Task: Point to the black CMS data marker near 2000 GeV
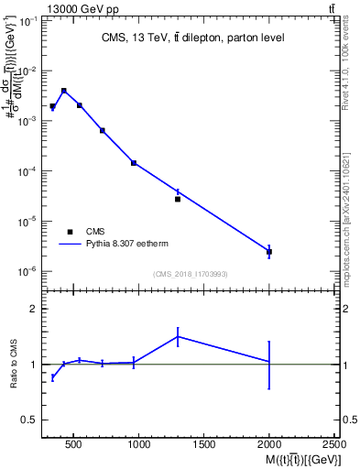269,251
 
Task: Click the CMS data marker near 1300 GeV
178,199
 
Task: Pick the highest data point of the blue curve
63,90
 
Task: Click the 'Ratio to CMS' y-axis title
15,365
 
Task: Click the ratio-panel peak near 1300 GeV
178,336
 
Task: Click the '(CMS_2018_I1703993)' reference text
191,273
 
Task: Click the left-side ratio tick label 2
34,310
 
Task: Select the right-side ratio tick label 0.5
348,420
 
